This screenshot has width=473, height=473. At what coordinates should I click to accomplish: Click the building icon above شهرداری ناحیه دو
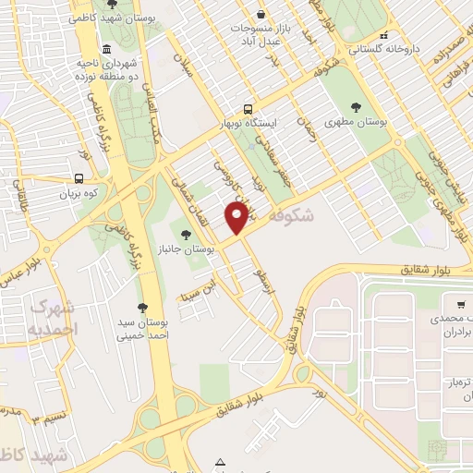pos(107,49)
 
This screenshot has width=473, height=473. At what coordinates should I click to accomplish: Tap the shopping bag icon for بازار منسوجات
pos(262,15)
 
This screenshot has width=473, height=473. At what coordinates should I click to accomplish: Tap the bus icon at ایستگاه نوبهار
pos(248,107)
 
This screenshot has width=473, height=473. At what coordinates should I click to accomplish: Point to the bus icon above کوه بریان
pos(78,178)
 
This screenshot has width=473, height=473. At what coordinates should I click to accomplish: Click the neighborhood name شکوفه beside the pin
pos(295,214)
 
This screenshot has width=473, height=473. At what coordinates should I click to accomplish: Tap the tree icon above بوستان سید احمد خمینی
pos(141,308)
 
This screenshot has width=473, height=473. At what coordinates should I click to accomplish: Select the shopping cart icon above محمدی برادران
pos(460,303)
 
